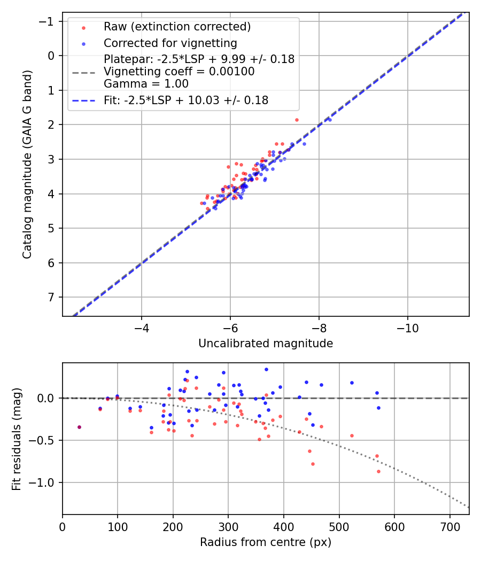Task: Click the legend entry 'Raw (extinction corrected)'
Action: pyautogui.click(x=177, y=27)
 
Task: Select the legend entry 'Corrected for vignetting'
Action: pyautogui.click(x=170, y=43)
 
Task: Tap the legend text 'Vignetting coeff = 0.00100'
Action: pyautogui.click(x=179, y=72)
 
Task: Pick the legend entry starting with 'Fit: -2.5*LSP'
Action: pyautogui.click(x=185, y=100)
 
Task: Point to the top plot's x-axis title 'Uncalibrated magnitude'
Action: pyautogui.click(x=266, y=344)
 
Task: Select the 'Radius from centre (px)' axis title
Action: pyautogui.click(x=266, y=542)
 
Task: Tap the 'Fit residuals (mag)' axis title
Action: pyautogui.click(x=16, y=439)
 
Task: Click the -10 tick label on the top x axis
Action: pyautogui.click(x=407, y=326)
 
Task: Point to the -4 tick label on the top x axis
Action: pyautogui.click(x=142, y=326)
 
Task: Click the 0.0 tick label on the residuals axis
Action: pyautogui.click(x=48, y=398)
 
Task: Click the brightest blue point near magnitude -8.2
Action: pyautogui.click(x=330, y=120)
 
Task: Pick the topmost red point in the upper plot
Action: pyautogui.click(x=297, y=120)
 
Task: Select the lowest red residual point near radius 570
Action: pyautogui.click(x=378, y=471)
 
